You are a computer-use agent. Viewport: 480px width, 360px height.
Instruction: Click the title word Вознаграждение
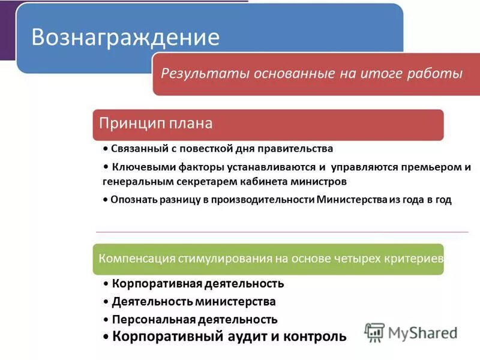[x=125, y=37]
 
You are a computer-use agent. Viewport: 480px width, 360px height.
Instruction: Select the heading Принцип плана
[x=156, y=124]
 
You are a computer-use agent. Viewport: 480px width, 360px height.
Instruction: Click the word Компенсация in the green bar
[x=136, y=259]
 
